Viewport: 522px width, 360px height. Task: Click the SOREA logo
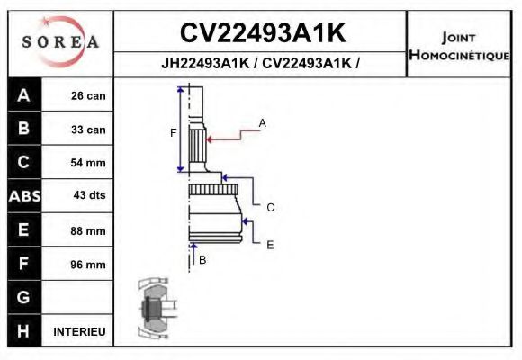pyautogui.click(x=60, y=42)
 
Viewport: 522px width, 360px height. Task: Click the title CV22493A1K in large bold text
pyautogui.click(x=262, y=33)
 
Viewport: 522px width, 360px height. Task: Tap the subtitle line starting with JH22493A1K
pyautogui.click(x=262, y=64)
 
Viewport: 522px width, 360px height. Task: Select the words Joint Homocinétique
pyautogui.click(x=460, y=45)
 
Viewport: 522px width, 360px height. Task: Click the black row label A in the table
pyautogui.click(x=24, y=95)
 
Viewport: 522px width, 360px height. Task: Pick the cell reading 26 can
pyautogui.click(x=88, y=96)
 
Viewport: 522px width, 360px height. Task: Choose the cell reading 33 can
pyautogui.click(x=88, y=130)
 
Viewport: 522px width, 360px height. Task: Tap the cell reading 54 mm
pyautogui.click(x=88, y=163)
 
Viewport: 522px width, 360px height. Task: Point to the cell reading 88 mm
pyautogui.click(x=88, y=231)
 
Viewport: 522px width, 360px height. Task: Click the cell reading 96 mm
pyautogui.click(x=88, y=265)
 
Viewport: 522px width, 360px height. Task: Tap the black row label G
pyautogui.click(x=24, y=298)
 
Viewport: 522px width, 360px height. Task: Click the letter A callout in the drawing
pyautogui.click(x=263, y=122)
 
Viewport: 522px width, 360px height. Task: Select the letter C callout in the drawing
pyautogui.click(x=270, y=208)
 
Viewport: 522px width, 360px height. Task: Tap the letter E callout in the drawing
pyautogui.click(x=270, y=244)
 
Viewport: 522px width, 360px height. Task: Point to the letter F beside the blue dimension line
pyautogui.click(x=174, y=133)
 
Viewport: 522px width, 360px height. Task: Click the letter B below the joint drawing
pyautogui.click(x=202, y=260)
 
